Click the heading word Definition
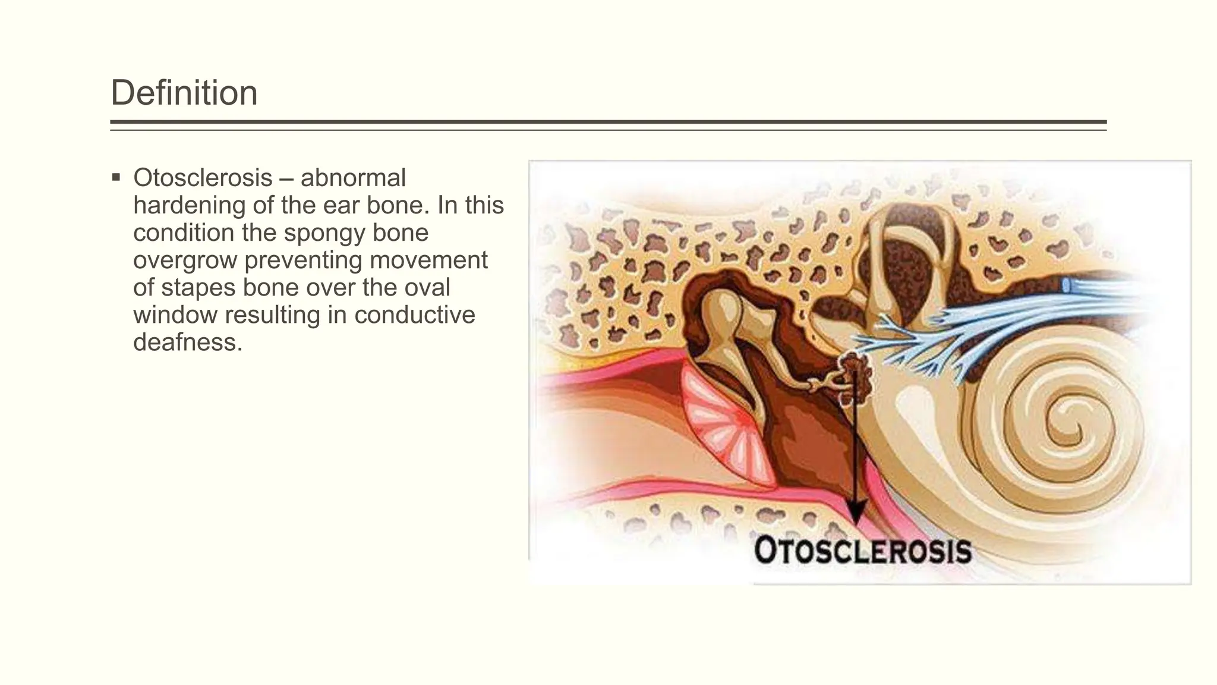184,93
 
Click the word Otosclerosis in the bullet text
203,178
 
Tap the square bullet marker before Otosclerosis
116,177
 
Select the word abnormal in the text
353,178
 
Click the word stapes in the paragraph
200,287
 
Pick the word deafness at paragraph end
188,342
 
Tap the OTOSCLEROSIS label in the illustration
862,551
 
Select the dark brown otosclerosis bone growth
855,375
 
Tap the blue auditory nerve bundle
1010,321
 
